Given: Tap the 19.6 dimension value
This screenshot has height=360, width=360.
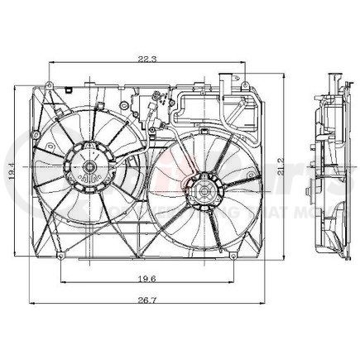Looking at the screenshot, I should tap(146, 279).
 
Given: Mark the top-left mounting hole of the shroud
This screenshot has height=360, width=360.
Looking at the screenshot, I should tap(50, 84).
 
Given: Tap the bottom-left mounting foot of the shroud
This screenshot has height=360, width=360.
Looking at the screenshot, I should tap(60, 257).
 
